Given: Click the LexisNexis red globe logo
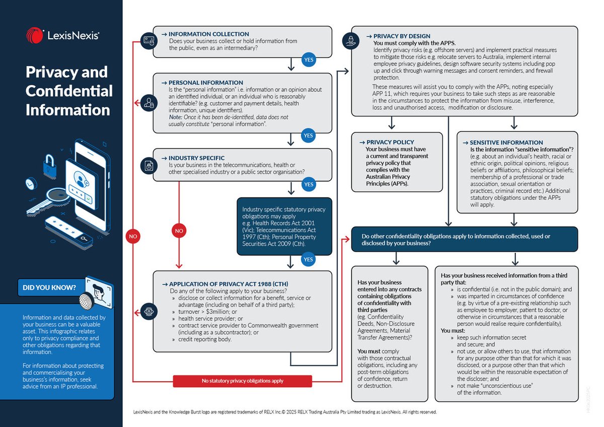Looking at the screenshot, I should (35, 35).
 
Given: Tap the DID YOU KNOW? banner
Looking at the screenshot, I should (49, 288).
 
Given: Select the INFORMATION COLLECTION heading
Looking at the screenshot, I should (208, 34).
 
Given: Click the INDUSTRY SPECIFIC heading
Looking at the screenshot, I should (196, 158).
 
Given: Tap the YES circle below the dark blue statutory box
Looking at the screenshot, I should (309, 259).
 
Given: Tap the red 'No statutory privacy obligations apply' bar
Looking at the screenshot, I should (243, 381).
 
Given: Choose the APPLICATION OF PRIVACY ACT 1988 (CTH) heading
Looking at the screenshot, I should (229, 283).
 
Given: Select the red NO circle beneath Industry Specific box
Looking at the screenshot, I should (179, 231).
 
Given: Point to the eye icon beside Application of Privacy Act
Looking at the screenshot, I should (148, 309).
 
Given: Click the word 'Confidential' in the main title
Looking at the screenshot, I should (69, 91).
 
